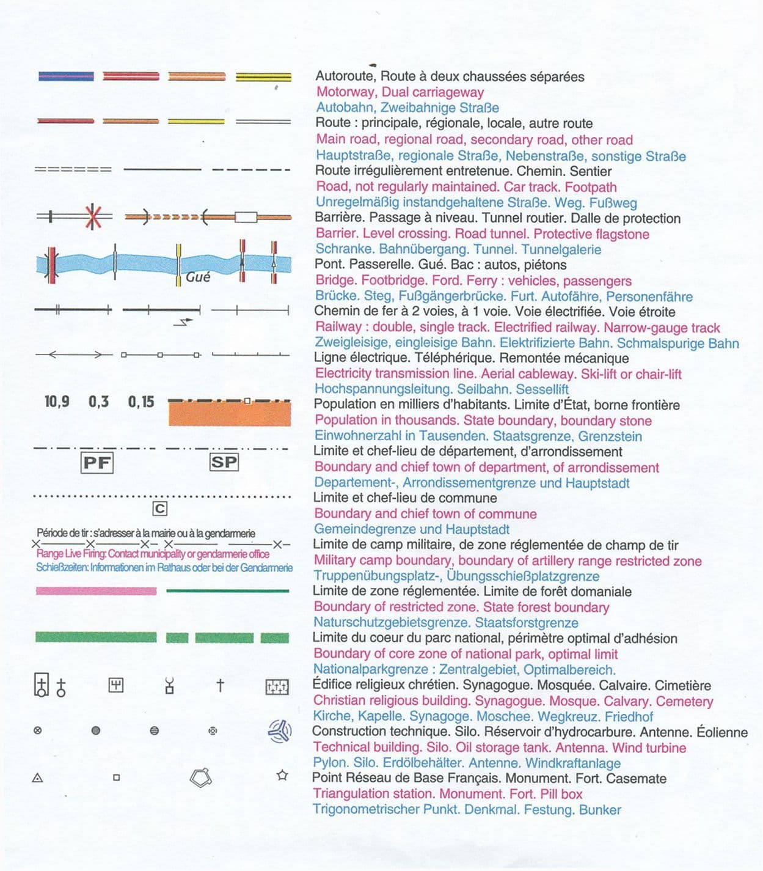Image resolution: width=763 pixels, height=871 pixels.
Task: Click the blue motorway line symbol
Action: pyautogui.click(x=66, y=76)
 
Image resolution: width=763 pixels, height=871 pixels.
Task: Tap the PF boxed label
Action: pyautogui.click(x=97, y=463)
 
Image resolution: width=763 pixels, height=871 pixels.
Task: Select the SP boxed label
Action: pyautogui.click(x=224, y=462)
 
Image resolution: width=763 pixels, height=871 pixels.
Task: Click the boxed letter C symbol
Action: pyautogui.click(x=159, y=509)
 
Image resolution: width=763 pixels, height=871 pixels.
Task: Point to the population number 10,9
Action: pyautogui.click(x=57, y=402)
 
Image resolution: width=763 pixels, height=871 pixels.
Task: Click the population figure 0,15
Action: pyautogui.click(x=141, y=402)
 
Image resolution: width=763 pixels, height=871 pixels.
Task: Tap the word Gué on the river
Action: pyautogui.click(x=198, y=277)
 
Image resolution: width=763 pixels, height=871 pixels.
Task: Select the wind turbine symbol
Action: pyautogui.click(x=280, y=730)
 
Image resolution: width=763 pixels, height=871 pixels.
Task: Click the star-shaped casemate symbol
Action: pyautogui.click(x=282, y=776)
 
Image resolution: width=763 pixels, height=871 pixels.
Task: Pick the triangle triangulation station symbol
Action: pyautogui.click(x=37, y=778)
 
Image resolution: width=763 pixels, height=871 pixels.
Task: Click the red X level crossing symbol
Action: pyautogui.click(x=92, y=216)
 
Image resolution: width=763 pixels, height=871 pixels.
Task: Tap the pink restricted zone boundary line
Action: pyautogui.click(x=96, y=591)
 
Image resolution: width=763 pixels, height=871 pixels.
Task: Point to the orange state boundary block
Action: pyautogui.click(x=229, y=414)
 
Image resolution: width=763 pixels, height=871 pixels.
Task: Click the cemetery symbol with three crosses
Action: pyautogui.click(x=277, y=687)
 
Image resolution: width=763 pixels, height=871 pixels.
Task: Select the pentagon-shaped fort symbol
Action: pyautogui.click(x=201, y=777)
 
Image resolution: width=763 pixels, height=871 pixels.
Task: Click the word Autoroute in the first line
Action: pyautogui.click(x=345, y=77)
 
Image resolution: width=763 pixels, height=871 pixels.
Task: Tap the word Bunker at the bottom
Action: pyautogui.click(x=600, y=810)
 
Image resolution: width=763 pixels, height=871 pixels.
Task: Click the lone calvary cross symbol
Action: pyautogui.click(x=221, y=685)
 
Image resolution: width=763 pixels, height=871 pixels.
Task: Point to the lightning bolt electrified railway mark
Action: pyautogui.click(x=183, y=322)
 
